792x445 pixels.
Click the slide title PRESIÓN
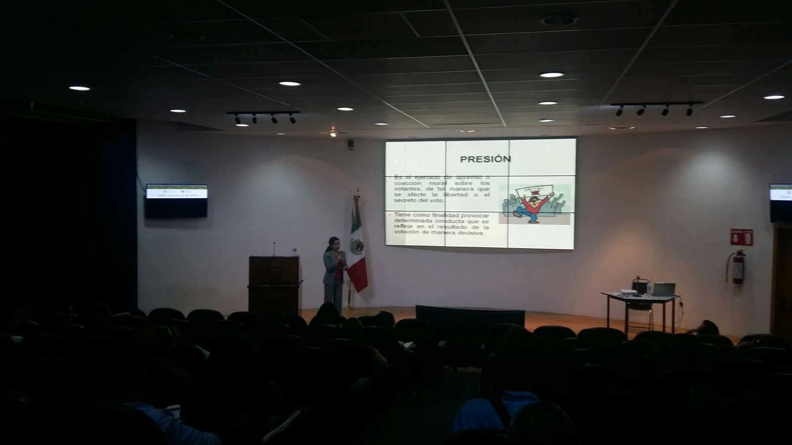click(x=478, y=159)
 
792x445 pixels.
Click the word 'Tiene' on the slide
click(x=404, y=215)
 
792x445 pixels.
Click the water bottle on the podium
click(x=294, y=251)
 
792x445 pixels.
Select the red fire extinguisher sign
click(x=742, y=237)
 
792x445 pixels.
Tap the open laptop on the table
click(x=663, y=289)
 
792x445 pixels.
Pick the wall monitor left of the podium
click(x=176, y=200)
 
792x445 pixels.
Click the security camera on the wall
click(x=350, y=144)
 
